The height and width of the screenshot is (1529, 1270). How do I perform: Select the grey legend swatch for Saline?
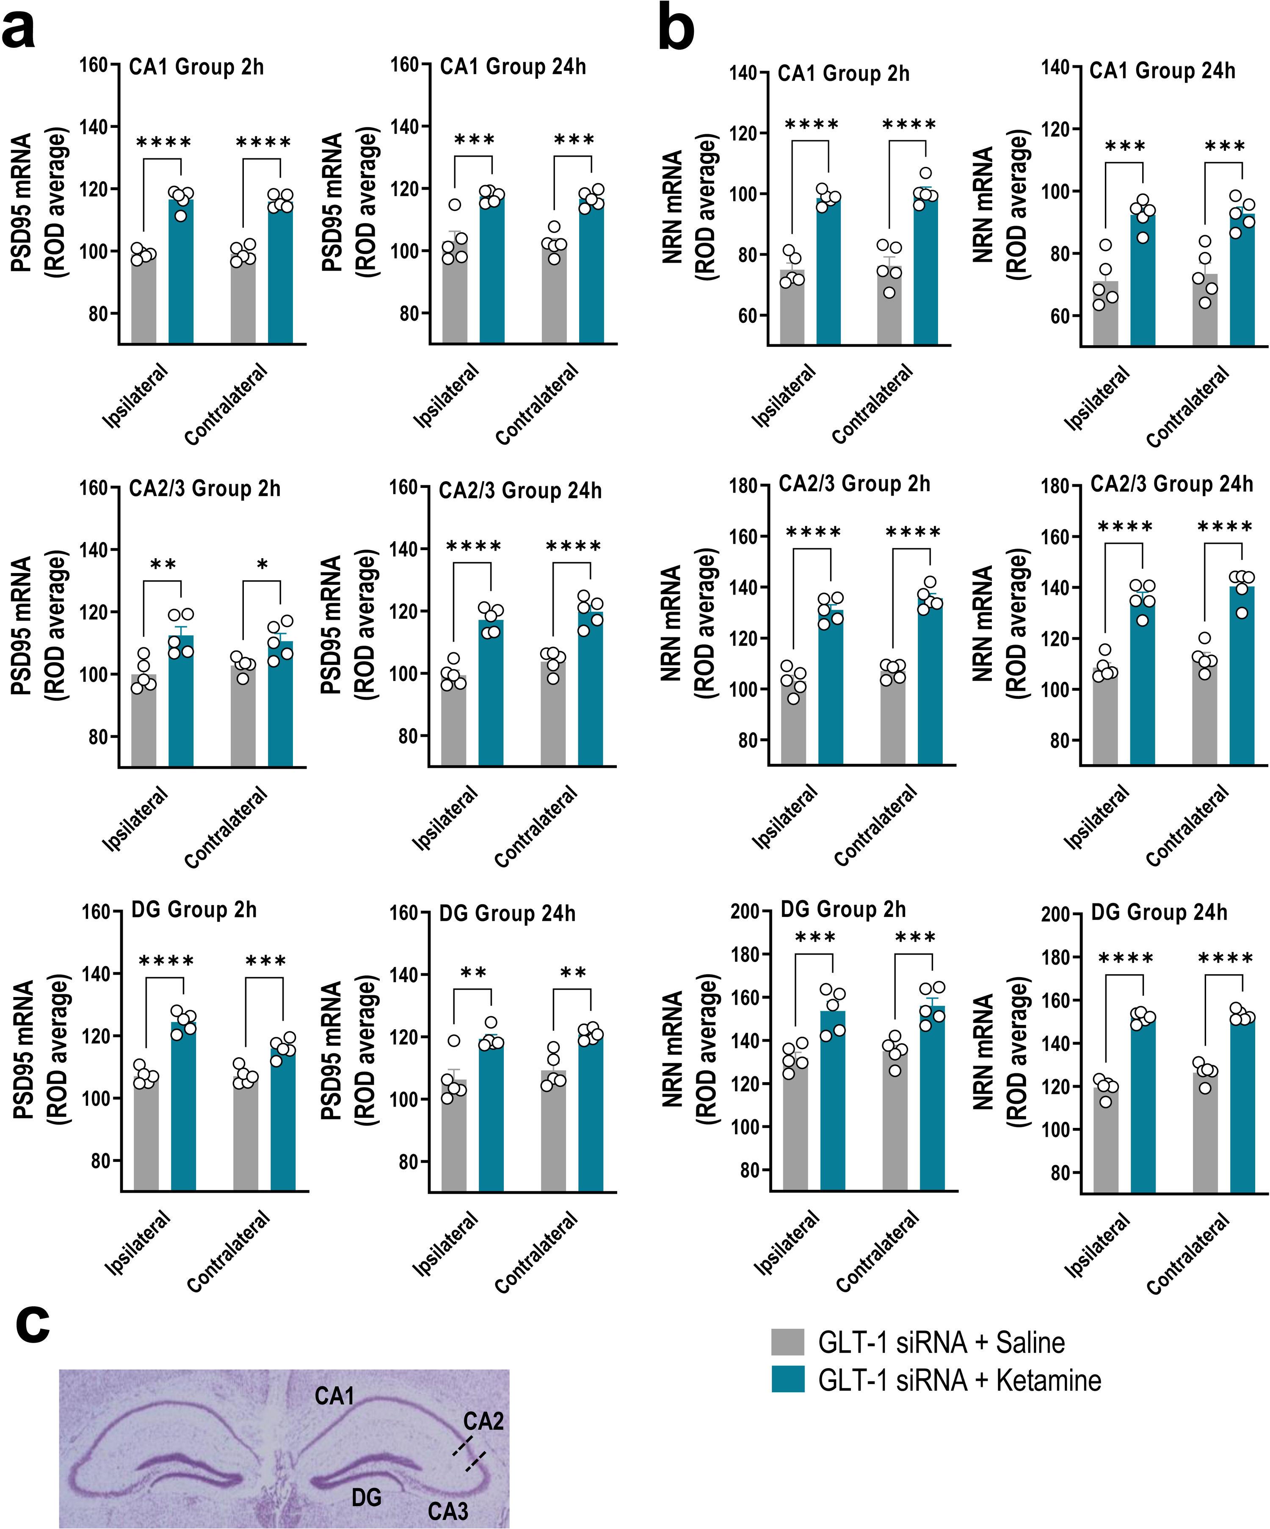(x=787, y=1342)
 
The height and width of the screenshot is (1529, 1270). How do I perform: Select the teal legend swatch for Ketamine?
(x=787, y=1379)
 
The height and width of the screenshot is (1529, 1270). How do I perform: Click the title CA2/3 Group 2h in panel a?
(x=204, y=488)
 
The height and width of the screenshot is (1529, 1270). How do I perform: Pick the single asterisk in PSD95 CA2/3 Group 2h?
(x=263, y=564)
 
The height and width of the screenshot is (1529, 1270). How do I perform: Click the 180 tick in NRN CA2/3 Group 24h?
(x=1056, y=486)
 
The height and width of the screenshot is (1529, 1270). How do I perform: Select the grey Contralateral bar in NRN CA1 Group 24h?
(x=1204, y=310)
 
